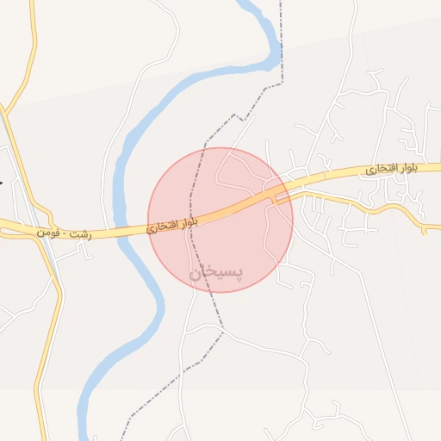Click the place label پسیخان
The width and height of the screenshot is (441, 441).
click(x=216, y=272)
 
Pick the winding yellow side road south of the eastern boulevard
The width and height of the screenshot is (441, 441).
click(x=379, y=209)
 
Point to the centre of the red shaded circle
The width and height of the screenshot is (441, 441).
click(x=220, y=220)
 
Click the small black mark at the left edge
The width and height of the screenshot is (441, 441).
click(x=2, y=183)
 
